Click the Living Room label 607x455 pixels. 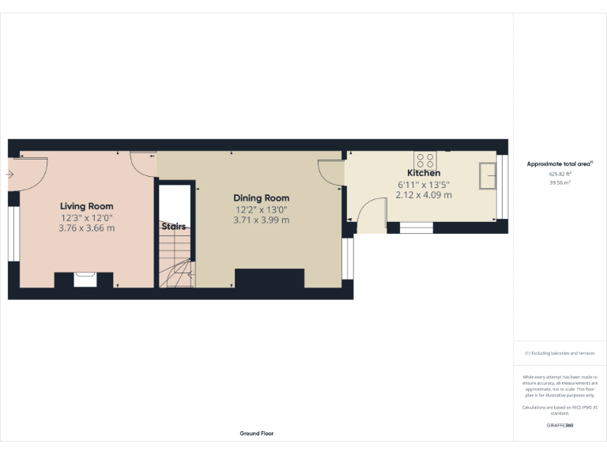click(x=87, y=206)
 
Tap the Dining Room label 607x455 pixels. click(x=261, y=198)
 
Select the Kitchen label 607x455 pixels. click(x=424, y=173)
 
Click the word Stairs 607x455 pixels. click(x=174, y=227)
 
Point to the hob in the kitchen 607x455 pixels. click(x=424, y=156)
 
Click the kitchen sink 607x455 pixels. click(x=487, y=175)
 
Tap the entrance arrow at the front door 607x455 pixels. click(x=9, y=174)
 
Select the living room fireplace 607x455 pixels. click(x=85, y=279)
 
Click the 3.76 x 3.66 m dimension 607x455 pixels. click(x=87, y=228)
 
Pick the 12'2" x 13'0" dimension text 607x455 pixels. click(x=261, y=209)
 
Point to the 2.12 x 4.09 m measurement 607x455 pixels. click(x=424, y=195)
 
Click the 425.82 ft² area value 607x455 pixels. click(x=560, y=174)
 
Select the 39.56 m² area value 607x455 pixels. click(x=560, y=182)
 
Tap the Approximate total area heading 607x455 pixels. click(x=560, y=164)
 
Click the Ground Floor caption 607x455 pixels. click(x=257, y=434)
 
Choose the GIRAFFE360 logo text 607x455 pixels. click(x=560, y=426)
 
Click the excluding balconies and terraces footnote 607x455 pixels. click(x=560, y=353)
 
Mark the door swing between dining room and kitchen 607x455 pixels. click(x=330, y=172)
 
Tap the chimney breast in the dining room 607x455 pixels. click(x=270, y=279)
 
